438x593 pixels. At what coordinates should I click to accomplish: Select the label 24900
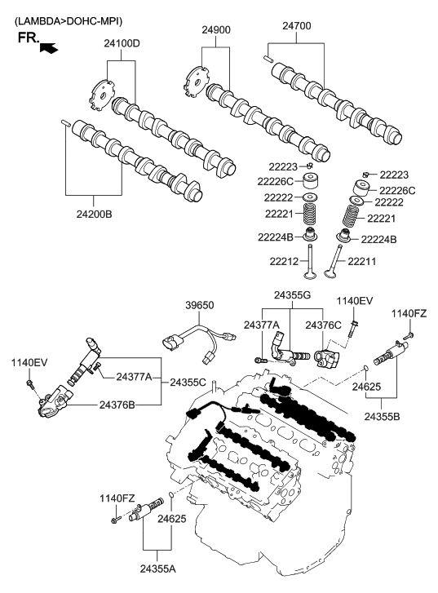(218, 29)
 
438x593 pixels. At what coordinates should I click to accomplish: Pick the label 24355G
(292, 295)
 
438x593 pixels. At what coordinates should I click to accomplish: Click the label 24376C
(324, 325)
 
